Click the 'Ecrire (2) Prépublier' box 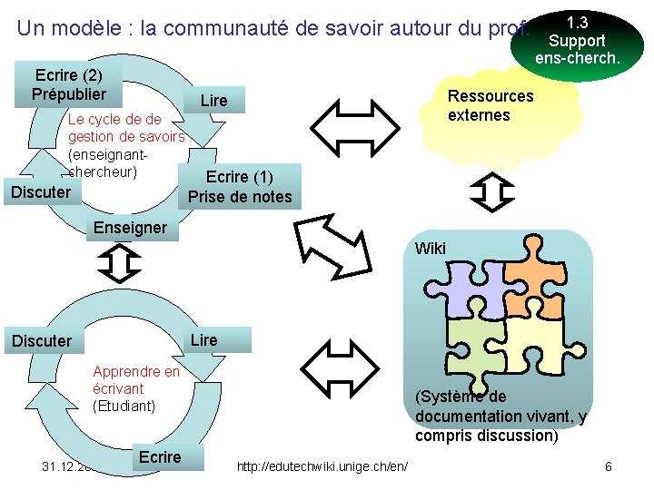[x=68, y=84]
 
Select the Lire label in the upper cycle [x=213, y=100]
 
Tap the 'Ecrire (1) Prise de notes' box [x=240, y=186]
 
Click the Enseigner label [x=130, y=227]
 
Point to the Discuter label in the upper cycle [x=41, y=191]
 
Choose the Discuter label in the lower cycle [x=41, y=340]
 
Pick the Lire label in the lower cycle [x=204, y=339]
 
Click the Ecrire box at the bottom [x=160, y=456]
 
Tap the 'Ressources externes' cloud [x=490, y=106]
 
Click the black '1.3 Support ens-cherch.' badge [x=578, y=40]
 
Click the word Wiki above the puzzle [x=430, y=248]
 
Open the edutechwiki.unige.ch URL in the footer [x=322, y=466]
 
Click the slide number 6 [x=608, y=466]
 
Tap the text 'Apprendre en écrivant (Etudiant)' [x=136, y=388]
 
